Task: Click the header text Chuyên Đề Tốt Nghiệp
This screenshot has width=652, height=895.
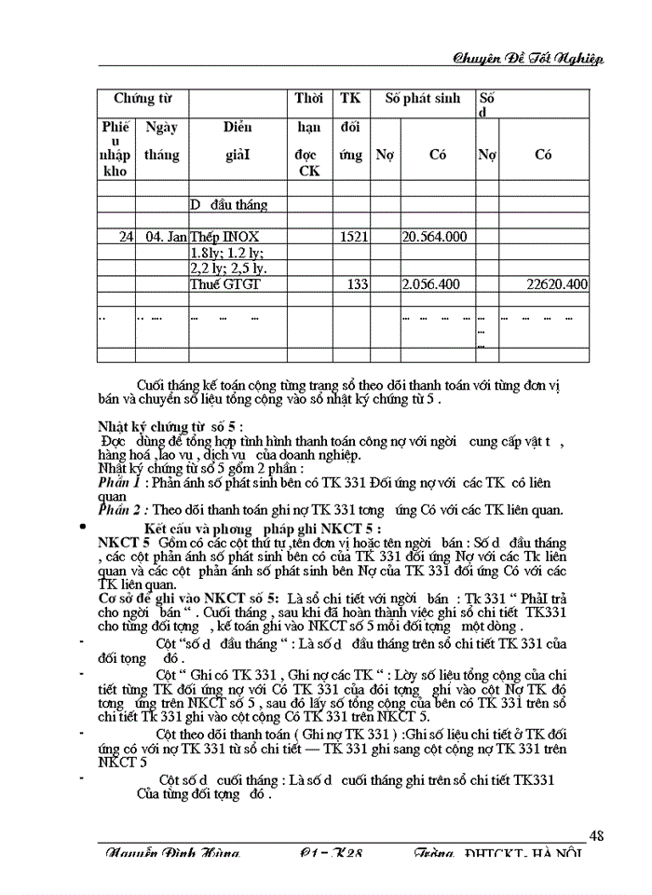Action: click(x=527, y=58)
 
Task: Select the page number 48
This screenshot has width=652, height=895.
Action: click(x=596, y=835)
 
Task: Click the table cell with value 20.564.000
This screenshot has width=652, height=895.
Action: click(x=434, y=237)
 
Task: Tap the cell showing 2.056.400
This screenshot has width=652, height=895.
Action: click(x=434, y=283)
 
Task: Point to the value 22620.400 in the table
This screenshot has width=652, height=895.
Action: click(x=556, y=283)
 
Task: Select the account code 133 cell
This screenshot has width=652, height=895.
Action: click(x=358, y=283)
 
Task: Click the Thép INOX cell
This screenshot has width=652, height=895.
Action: click(x=224, y=237)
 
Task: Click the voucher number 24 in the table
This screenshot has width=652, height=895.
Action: click(x=125, y=237)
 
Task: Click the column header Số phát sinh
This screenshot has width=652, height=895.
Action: click(x=423, y=99)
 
